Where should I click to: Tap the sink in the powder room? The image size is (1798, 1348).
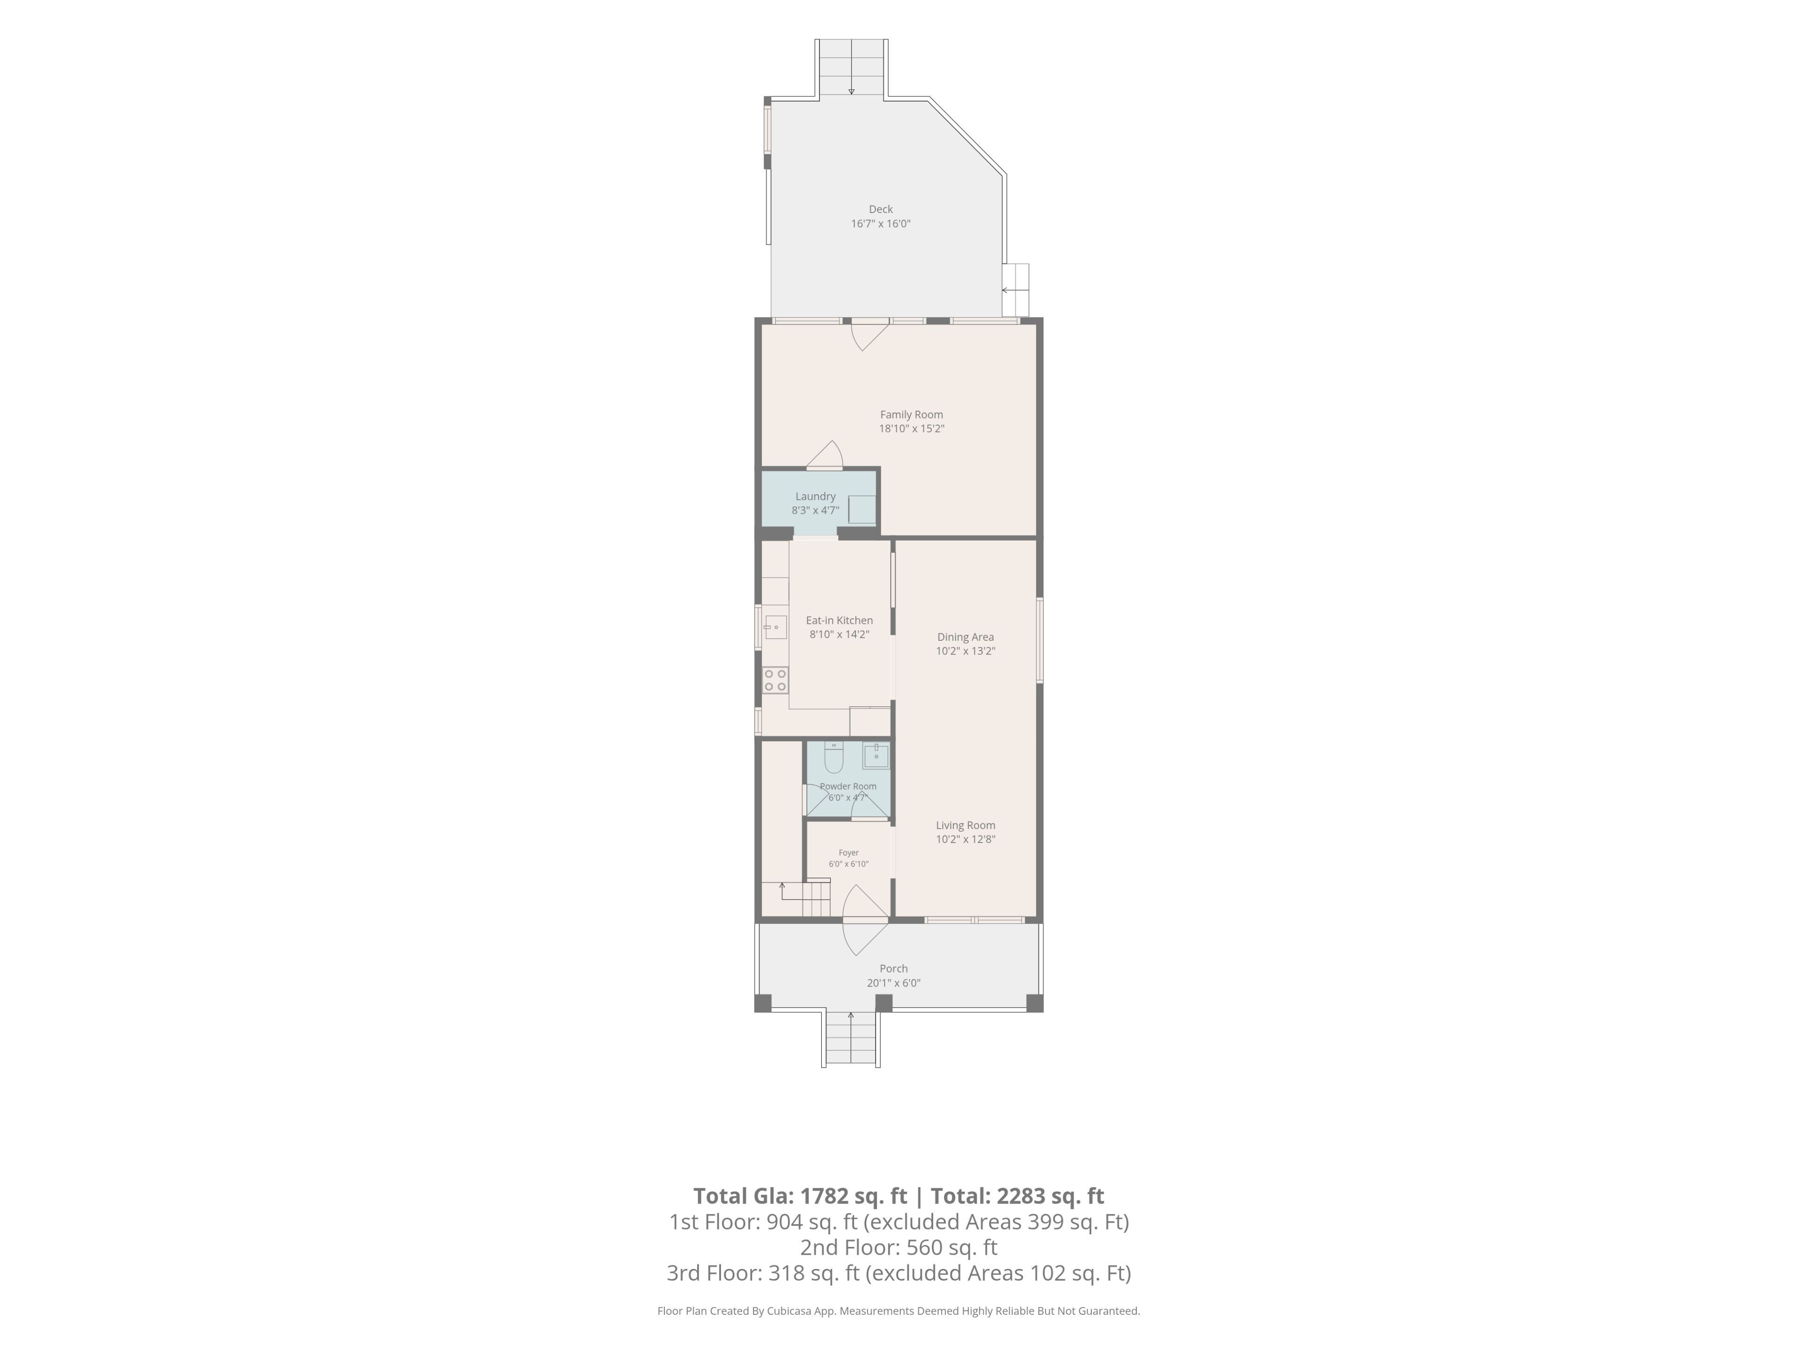click(876, 755)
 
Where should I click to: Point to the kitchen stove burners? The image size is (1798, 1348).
click(775, 680)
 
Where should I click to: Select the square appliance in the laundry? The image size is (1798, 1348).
click(862, 509)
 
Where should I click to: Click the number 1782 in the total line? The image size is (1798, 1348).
click(824, 1196)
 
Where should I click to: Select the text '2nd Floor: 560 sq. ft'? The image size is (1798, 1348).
click(899, 1247)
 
